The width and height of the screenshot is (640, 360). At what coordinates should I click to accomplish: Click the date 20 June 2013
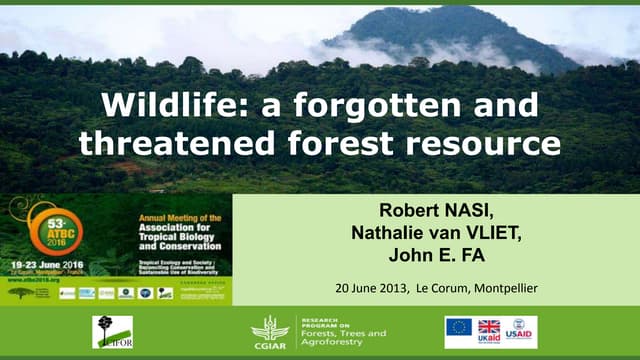(x=369, y=288)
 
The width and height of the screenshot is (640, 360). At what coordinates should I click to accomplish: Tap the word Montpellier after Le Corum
(x=501, y=288)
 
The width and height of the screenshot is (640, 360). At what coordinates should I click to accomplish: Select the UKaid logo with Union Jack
(x=489, y=331)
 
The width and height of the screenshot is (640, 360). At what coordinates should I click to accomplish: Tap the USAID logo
(x=520, y=331)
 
